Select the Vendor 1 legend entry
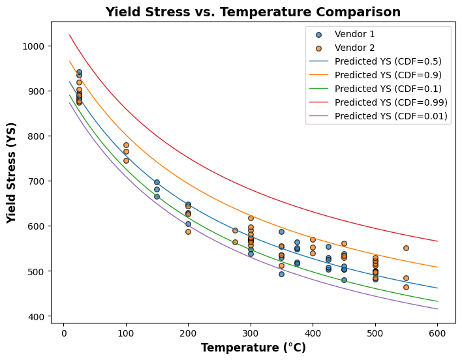(x=354, y=35)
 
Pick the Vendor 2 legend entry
(x=354, y=48)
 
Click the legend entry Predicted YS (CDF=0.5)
(x=391, y=62)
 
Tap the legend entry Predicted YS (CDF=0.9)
(x=391, y=75)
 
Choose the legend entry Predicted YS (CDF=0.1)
(x=391, y=89)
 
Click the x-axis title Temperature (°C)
(x=253, y=348)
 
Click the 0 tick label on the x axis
(x=63, y=331)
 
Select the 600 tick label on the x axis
(x=437, y=331)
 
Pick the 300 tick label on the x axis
(x=251, y=331)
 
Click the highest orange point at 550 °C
(x=406, y=248)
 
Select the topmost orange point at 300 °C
(x=251, y=218)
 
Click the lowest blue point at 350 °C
(x=281, y=274)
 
